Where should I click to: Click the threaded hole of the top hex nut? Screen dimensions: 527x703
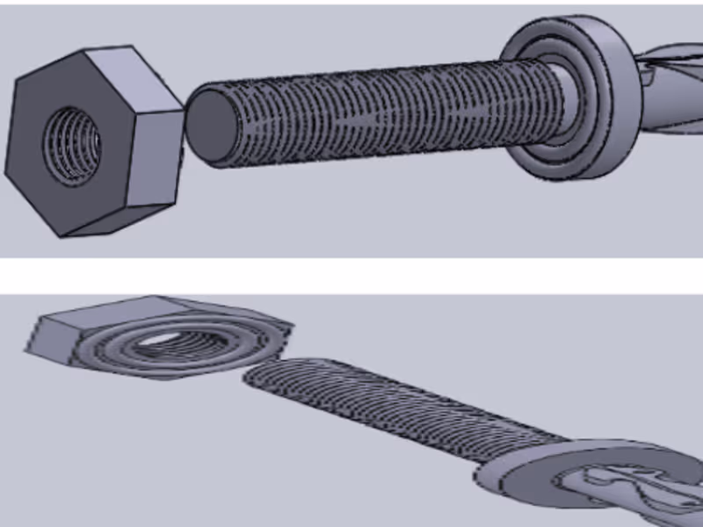click(73, 144)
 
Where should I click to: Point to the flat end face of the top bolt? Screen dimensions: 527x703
click(208, 126)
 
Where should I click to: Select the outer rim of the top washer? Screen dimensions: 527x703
click(615, 97)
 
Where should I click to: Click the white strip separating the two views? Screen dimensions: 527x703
click(351, 275)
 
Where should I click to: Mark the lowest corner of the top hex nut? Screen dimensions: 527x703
click(59, 235)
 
